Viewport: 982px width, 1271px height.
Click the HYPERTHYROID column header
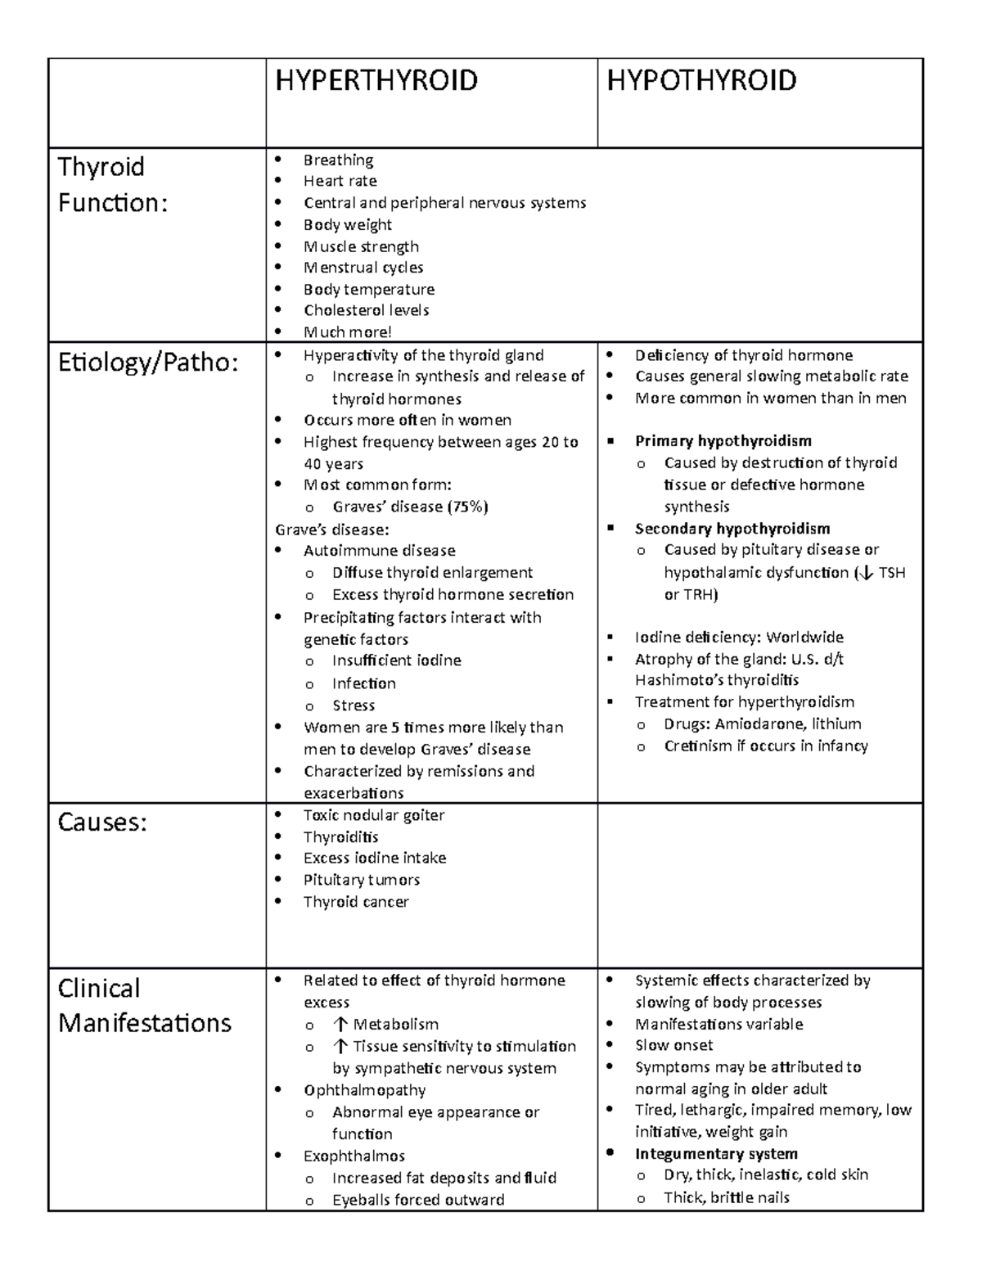pyautogui.click(x=376, y=81)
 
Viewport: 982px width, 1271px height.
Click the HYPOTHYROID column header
pyautogui.click(x=701, y=81)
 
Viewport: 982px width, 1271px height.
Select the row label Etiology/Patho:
pyautogui.click(x=148, y=363)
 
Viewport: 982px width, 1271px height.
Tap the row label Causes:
pyautogui.click(x=102, y=823)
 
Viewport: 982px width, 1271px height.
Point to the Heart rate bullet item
pyautogui.click(x=340, y=181)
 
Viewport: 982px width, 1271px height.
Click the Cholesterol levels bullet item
pyautogui.click(x=366, y=310)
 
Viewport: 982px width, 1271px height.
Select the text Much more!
pyautogui.click(x=348, y=332)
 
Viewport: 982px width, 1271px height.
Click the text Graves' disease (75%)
pyautogui.click(x=410, y=507)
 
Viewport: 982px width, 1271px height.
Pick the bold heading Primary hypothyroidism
pyautogui.click(x=723, y=441)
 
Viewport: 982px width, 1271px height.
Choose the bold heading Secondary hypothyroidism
pyautogui.click(x=732, y=529)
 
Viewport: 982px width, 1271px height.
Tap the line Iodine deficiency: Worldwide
pyautogui.click(x=739, y=638)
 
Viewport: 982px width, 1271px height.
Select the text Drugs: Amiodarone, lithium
pyautogui.click(x=762, y=724)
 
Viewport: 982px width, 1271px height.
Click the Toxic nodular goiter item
pyautogui.click(x=374, y=815)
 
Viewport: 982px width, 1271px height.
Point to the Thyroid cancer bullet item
pyautogui.click(x=356, y=902)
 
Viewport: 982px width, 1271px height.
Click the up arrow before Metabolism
pyautogui.click(x=340, y=1025)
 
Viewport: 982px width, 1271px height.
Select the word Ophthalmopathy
pyautogui.click(x=364, y=1090)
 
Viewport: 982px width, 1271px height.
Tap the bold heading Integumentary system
pyautogui.click(x=716, y=1154)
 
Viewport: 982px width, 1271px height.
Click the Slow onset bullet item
pyautogui.click(x=673, y=1045)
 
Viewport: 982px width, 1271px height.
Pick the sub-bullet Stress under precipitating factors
pyautogui.click(x=354, y=705)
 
